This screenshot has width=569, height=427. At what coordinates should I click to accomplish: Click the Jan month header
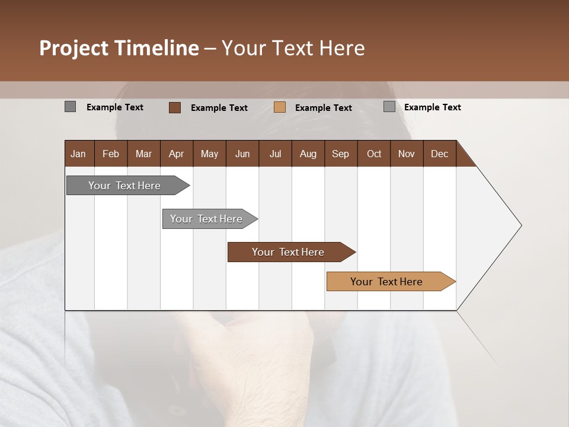pyautogui.click(x=78, y=154)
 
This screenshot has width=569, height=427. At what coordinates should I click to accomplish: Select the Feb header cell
pyautogui.click(x=111, y=154)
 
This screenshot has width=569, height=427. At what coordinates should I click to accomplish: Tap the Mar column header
pyautogui.click(x=143, y=154)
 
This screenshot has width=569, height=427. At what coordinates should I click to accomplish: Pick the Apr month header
pyautogui.click(x=176, y=154)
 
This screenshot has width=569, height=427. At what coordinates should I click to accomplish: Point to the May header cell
pyautogui.click(x=209, y=154)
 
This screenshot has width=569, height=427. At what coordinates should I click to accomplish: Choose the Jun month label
pyautogui.click(x=242, y=154)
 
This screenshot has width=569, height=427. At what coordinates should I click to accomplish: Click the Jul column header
pyautogui.click(x=275, y=154)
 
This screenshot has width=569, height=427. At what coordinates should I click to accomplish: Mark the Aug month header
pyautogui.click(x=308, y=154)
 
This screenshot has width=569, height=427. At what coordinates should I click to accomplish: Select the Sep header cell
pyautogui.click(x=340, y=154)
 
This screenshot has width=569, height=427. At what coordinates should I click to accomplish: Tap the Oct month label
pyautogui.click(x=374, y=154)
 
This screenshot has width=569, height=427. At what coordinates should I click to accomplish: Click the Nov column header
pyautogui.click(x=407, y=154)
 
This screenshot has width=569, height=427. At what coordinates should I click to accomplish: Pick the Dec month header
pyautogui.click(x=439, y=154)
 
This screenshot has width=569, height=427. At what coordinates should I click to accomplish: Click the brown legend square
pyautogui.click(x=175, y=107)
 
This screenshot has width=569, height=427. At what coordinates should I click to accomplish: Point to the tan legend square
pyautogui.click(x=280, y=107)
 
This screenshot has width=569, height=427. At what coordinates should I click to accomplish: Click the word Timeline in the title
pyautogui.click(x=156, y=48)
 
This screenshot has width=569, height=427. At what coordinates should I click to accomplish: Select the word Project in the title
pyautogui.click(x=74, y=48)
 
